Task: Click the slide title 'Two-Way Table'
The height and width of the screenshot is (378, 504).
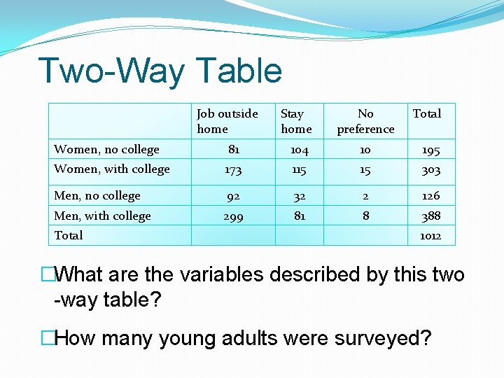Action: point(160,71)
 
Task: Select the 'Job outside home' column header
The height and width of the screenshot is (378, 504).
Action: point(227,121)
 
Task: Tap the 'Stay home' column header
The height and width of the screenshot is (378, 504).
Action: point(295,121)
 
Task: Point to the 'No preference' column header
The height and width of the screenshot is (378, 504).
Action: point(365,121)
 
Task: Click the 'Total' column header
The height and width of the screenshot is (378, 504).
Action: point(426,113)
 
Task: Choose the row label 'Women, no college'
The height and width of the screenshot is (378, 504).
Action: point(106,149)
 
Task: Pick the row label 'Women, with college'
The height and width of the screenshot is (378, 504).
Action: point(112,169)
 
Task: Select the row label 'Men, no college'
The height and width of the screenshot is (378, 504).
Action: point(97,195)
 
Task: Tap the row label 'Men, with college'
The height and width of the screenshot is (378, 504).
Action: point(102,216)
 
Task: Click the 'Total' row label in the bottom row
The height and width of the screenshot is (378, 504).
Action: point(69,235)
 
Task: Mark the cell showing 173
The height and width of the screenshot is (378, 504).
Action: point(233,169)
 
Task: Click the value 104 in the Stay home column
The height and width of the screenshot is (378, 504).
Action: point(300,150)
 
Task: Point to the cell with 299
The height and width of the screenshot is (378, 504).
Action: point(233,217)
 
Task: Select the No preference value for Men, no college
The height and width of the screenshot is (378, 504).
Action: point(365,196)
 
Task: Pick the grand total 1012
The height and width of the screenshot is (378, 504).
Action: point(430,236)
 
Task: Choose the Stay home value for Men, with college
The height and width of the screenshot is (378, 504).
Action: point(300,216)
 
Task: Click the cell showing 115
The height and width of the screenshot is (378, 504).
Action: point(300,169)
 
